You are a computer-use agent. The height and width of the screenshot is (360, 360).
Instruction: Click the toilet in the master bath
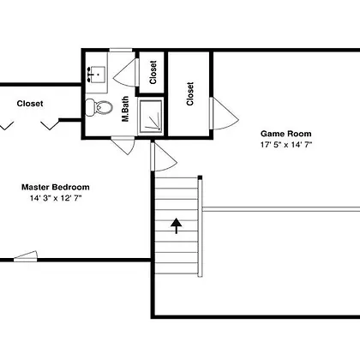coord(99,107)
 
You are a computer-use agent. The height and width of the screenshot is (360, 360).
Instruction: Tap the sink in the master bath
coord(96,75)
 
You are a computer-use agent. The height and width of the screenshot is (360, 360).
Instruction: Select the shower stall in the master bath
coord(151,116)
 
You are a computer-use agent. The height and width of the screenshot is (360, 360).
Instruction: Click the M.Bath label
coord(125,109)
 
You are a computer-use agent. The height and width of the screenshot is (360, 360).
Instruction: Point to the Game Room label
coord(286,134)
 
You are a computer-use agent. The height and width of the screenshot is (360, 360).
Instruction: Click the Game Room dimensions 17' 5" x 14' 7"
coord(285,145)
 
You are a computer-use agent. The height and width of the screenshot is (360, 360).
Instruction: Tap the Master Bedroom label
coord(56,187)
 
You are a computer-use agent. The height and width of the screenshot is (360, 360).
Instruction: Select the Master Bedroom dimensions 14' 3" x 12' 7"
coord(56,198)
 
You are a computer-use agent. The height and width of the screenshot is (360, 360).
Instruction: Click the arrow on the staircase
coord(177,226)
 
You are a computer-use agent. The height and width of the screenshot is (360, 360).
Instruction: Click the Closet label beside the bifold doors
coord(30,104)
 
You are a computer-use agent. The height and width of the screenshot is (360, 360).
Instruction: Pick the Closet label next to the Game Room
coord(190,94)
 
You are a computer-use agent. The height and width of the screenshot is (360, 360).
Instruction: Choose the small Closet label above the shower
coord(153,72)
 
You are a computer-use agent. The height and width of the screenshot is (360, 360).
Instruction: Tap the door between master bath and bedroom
coord(123,145)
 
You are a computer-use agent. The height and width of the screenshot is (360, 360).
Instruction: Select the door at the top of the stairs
coord(164,157)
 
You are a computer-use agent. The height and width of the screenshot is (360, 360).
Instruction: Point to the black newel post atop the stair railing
coord(200,177)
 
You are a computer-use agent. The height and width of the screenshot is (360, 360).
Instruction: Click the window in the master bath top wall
coord(121,50)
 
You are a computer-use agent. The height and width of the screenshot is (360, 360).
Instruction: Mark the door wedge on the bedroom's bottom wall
coord(26,256)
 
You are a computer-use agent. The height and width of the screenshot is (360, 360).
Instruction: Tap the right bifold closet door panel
coord(50,125)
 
